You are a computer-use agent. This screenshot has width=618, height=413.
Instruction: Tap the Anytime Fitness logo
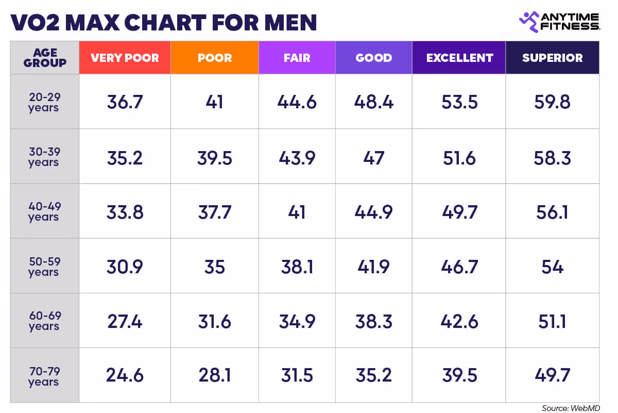coord(559,21)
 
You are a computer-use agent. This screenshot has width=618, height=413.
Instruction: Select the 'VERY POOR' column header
coord(125,58)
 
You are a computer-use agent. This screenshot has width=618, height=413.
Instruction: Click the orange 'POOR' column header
coord(214,58)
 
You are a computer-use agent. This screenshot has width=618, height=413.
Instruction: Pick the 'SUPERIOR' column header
coord(552,58)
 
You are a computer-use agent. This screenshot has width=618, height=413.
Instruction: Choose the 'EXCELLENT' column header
coord(459,58)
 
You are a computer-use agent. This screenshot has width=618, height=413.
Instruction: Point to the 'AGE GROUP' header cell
coord(45,58)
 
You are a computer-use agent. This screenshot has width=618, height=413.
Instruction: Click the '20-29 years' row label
coord(44,102)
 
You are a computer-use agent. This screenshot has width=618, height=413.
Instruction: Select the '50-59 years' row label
coord(44,267)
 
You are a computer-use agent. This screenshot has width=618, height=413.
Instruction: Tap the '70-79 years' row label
coord(44,376)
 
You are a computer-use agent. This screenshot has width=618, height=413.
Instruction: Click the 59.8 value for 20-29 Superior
coord(552,102)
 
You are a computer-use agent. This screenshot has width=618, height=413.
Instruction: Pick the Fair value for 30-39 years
coord(297,158)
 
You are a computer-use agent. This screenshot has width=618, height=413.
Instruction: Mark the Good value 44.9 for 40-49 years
coord(373,212)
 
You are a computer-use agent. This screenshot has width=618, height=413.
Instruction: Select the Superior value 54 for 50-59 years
coord(552,267)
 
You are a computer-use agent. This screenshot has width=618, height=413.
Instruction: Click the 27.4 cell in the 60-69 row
coord(125,322)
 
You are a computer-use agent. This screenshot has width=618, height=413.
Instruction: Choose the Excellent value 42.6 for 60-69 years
coord(459,322)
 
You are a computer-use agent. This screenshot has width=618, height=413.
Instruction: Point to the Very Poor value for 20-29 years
coord(125,102)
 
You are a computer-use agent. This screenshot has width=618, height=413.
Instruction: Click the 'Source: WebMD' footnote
coord(571,408)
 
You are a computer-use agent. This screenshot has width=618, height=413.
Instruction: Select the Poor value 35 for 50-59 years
coord(214,267)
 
